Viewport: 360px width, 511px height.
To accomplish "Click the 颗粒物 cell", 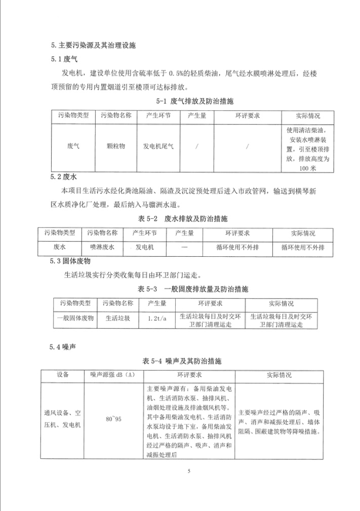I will (x=116, y=145).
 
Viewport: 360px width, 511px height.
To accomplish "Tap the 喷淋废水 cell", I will (x=102, y=248).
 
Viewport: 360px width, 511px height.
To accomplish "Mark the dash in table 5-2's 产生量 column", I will (x=184, y=248).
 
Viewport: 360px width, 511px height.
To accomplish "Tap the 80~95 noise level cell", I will (x=110, y=420).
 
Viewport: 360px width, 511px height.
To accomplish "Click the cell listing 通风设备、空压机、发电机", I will (x=64, y=420).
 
